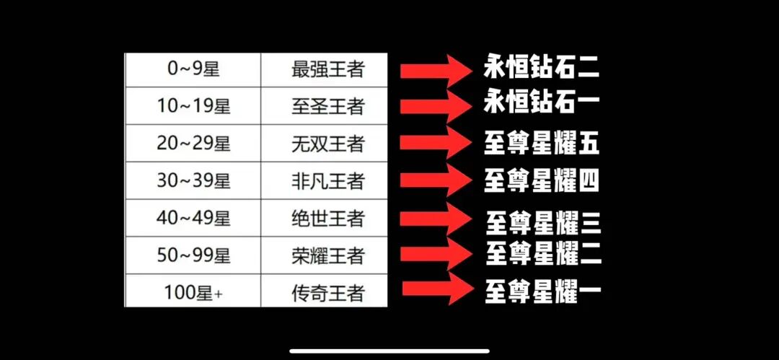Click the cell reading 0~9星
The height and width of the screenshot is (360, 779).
click(x=193, y=70)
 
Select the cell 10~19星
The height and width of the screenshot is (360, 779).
click(x=193, y=107)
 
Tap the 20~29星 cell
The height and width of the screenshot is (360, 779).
click(x=193, y=144)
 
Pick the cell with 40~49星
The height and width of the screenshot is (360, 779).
click(x=193, y=218)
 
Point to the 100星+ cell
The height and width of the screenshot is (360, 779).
click(x=193, y=293)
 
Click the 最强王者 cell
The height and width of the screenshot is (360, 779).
click(x=327, y=70)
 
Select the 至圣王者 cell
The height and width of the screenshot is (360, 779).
click(x=327, y=107)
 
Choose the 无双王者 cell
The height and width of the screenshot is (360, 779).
click(x=327, y=144)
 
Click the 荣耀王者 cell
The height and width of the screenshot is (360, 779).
click(x=327, y=255)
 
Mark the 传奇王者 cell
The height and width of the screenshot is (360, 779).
click(x=327, y=293)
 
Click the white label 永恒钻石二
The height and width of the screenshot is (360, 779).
click(x=542, y=69)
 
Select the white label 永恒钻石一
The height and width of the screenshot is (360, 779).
click(x=542, y=104)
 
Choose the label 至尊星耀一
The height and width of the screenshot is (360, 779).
click(x=543, y=291)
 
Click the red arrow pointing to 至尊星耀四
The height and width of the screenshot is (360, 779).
click(x=435, y=180)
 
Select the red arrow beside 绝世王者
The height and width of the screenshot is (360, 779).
click(x=435, y=219)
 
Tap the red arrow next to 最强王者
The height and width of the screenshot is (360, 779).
click(x=435, y=70)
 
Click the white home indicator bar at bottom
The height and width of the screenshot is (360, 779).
click(x=389, y=351)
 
